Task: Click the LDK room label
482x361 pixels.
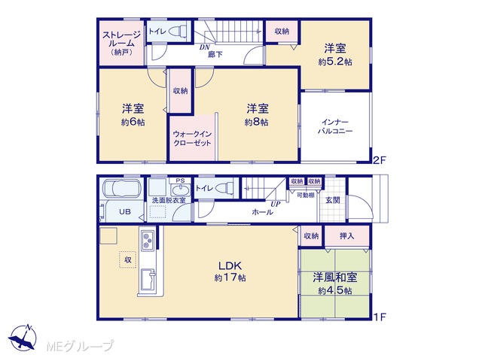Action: click(230, 265)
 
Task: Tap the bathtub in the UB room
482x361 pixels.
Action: click(122, 187)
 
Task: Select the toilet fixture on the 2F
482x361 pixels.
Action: click(177, 31)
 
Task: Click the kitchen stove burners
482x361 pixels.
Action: click(148, 241)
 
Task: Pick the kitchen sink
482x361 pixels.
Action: click(148, 281)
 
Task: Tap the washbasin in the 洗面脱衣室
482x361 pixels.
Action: click(180, 190)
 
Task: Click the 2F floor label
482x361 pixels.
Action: click(379, 160)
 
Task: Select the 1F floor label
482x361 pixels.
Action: click(379, 317)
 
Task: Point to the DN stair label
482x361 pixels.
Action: click(204, 47)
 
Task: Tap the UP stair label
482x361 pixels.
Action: click(276, 204)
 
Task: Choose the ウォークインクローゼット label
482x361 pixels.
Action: click(193, 138)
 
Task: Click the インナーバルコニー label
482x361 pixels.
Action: click(335, 127)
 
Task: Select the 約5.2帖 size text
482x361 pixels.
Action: click(335, 62)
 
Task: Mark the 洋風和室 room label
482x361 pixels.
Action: click(335, 278)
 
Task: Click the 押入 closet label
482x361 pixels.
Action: click(346, 235)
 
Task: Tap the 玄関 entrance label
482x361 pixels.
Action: click(333, 200)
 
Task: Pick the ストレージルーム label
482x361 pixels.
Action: click(122, 44)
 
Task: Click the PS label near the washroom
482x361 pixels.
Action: click(180, 180)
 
